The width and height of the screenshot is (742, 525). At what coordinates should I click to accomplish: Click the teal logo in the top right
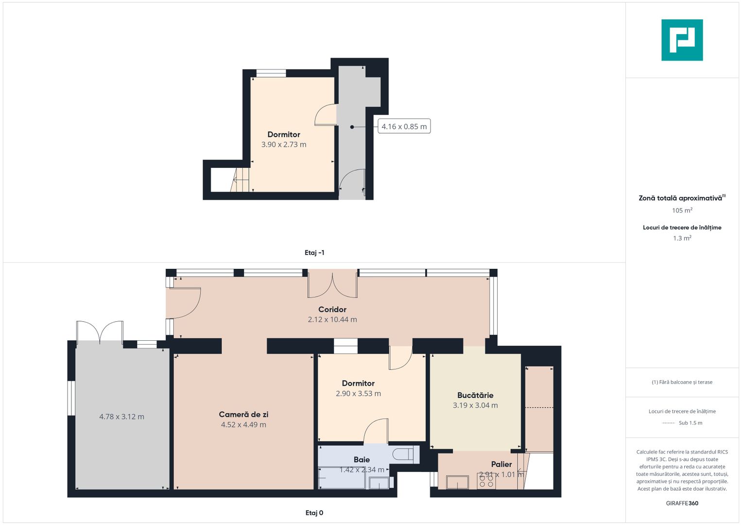tap(682, 40)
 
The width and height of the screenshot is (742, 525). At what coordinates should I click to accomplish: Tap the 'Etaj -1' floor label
tap(314, 253)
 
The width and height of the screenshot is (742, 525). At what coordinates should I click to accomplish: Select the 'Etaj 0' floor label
tap(314, 513)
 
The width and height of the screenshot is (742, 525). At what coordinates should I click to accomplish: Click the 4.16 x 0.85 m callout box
tap(404, 126)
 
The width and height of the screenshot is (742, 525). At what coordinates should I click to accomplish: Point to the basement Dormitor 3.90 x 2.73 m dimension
tap(284, 144)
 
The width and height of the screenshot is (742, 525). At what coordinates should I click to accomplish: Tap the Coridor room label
tap(332, 309)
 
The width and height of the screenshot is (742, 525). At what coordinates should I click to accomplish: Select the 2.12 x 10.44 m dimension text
tap(332, 319)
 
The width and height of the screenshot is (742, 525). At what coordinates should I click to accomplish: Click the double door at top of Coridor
tap(332, 285)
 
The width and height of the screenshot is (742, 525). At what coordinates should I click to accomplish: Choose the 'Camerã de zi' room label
tap(243, 414)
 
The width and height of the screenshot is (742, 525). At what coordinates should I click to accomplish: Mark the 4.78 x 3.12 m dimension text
tap(121, 417)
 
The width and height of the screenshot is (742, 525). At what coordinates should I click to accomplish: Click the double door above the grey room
tap(100, 332)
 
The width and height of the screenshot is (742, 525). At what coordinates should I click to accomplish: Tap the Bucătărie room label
tap(475, 395)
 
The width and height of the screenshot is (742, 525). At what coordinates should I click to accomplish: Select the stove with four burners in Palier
tap(486, 481)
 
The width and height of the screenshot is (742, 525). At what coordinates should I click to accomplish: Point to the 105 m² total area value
tap(682, 210)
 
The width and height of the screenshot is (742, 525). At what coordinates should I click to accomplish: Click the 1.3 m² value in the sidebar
tap(682, 238)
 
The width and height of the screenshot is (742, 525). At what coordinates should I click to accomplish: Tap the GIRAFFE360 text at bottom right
tap(682, 503)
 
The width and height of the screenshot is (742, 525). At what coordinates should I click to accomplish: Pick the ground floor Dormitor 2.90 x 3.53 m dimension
tap(358, 393)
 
